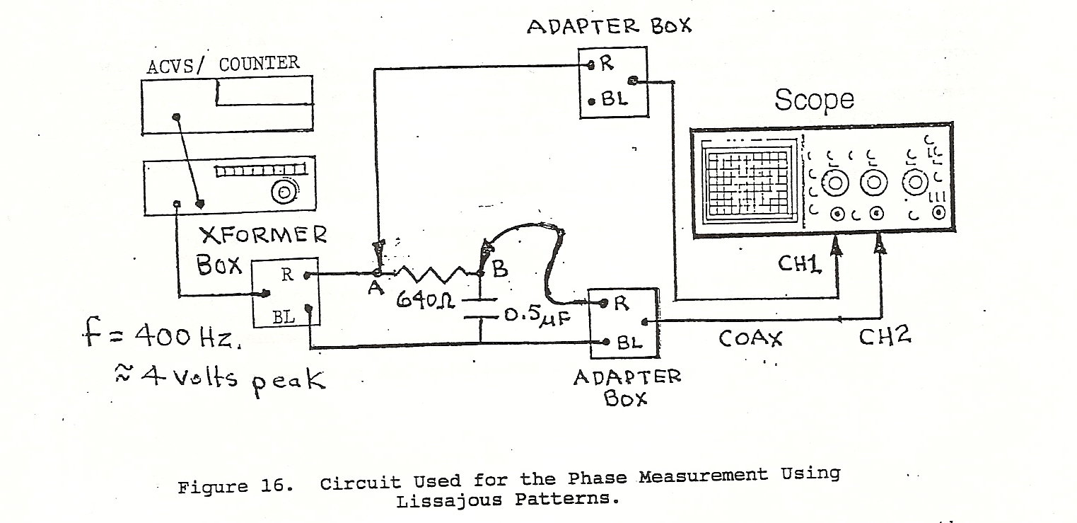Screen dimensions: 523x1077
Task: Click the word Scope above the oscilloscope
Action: tap(814, 100)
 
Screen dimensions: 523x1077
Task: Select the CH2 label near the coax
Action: tap(885, 337)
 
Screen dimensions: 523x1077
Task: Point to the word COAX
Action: tap(750, 339)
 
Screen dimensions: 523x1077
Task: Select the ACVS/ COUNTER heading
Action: tap(222, 64)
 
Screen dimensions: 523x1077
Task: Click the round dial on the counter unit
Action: tap(284, 192)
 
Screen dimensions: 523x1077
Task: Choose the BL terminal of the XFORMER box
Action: tap(285, 318)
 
